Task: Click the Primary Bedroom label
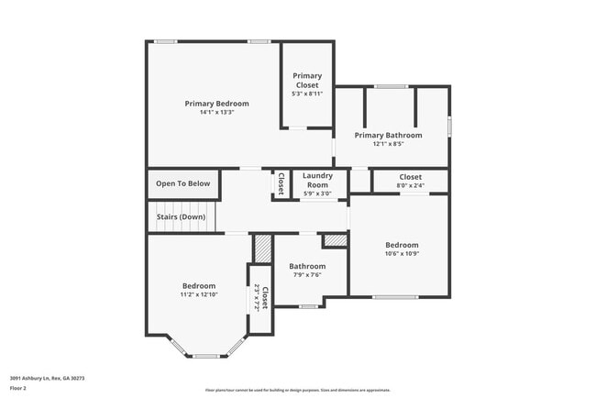pyautogui.click(x=216, y=104)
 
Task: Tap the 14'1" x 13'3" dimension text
pyautogui.click(x=216, y=113)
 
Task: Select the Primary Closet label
pyautogui.click(x=306, y=80)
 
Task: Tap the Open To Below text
pyautogui.click(x=182, y=183)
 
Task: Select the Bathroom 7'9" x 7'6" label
pyautogui.click(x=307, y=267)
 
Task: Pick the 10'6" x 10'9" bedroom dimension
pyautogui.click(x=402, y=254)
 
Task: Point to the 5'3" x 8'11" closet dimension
pyautogui.click(x=306, y=94)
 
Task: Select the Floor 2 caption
pyautogui.click(x=19, y=388)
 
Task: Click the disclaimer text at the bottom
pyautogui.click(x=297, y=390)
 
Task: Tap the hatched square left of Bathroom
pyautogui.click(x=263, y=249)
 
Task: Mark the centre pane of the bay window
pyautogui.click(x=206, y=356)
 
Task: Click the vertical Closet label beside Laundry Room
pyautogui.click(x=281, y=183)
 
